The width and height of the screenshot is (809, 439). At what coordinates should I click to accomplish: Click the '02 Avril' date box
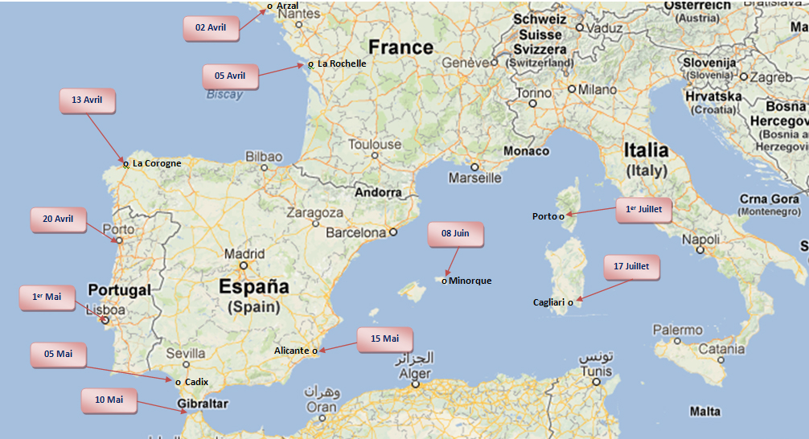click(x=211, y=27)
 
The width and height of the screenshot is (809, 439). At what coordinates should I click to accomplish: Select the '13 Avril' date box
click(x=87, y=101)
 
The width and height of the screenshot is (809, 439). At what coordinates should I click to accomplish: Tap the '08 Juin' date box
click(x=455, y=233)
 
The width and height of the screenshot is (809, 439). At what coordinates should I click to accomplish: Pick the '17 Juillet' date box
click(x=630, y=267)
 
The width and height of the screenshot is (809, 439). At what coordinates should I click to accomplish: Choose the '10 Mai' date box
click(x=109, y=400)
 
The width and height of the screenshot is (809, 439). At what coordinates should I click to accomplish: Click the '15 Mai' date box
click(x=385, y=339)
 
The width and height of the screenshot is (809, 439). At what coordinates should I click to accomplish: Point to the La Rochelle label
click(x=342, y=64)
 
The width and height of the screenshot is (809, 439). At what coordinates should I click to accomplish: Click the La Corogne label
click(x=157, y=163)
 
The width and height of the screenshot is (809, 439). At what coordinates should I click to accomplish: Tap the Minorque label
click(x=470, y=281)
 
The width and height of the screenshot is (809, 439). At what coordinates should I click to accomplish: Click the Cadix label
click(x=196, y=382)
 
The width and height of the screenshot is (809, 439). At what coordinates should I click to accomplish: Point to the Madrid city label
click(x=244, y=254)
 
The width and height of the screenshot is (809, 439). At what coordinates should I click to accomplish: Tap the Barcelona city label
click(x=356, y=232)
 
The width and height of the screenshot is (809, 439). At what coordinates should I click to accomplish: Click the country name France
click(x=400, y=47)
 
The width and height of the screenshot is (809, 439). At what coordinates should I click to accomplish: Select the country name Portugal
click(x=119, y=289)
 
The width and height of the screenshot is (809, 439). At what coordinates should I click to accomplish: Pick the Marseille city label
click(x=474, y=178)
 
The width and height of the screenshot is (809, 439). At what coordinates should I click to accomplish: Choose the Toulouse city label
click(x=375, y=145)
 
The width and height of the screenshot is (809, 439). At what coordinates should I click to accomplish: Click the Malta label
click(x=704, y=411)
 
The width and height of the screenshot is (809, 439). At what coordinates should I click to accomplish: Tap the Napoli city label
click(x=700, y=240)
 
